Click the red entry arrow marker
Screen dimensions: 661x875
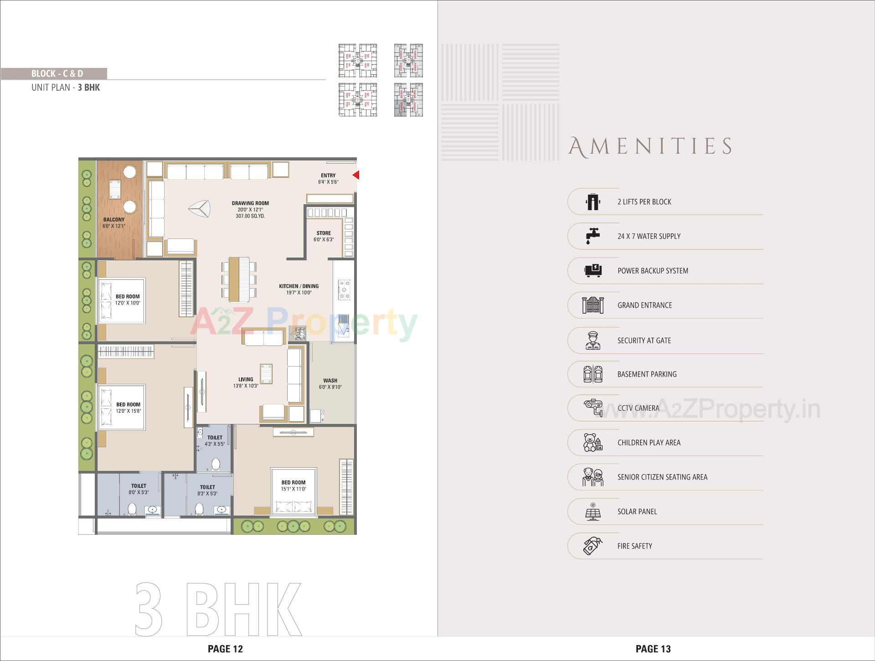[x=356, y=175]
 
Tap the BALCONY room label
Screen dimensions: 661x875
[x=113, y=220]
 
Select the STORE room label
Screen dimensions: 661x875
[x=324, y=233]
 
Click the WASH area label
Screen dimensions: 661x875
[x=330, y=381]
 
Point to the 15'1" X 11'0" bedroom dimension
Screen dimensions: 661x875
[x=293, y=489]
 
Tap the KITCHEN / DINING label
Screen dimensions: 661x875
[x=299, y=286]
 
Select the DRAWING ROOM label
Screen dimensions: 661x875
[x=250, y=203]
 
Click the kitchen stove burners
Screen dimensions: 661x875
[x=344, y=290]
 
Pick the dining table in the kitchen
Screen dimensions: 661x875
[x=239, y=279]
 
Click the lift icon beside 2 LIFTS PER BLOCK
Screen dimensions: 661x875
[x=593, y=201]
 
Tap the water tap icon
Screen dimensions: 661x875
[x=592, y=236]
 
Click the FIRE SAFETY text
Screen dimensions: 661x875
[x=634, y=546]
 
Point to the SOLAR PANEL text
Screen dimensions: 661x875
[x=637, y=511]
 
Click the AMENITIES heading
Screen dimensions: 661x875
[x=650, y=147]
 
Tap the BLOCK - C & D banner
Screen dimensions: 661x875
[x=57, y=73]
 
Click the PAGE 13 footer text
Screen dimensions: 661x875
[x=653, y=649]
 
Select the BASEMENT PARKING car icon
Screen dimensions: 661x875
[x=593, y=374]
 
